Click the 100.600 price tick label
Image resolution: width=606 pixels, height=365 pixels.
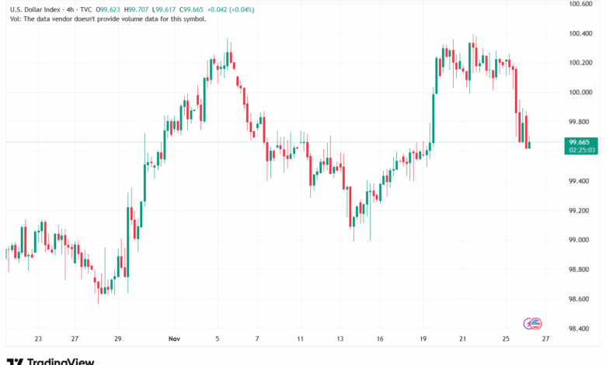pos(582,4)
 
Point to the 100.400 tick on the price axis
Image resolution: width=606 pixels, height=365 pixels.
pos(582,33)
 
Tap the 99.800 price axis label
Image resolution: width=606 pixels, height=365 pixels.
pos(580,122)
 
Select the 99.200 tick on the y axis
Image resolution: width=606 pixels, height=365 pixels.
pos(580,210)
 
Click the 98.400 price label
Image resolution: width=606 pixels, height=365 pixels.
pos(580,328)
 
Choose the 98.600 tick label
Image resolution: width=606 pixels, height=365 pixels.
pos(580,299)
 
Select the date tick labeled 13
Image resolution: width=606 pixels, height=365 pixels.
pos(340,339)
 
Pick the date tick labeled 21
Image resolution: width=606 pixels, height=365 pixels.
pos(461,339)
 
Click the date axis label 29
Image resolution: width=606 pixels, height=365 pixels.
pos(117,339)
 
